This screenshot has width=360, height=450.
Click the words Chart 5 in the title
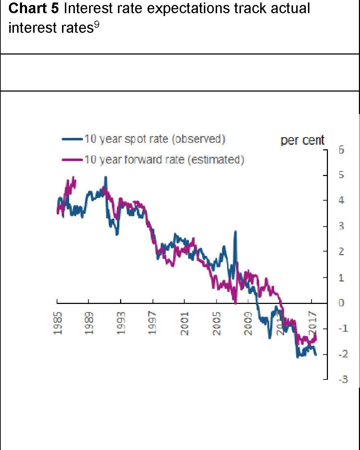coord(33,8)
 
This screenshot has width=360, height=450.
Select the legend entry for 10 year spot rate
coord(155,139)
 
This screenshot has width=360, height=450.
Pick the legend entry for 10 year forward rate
coord(164,160)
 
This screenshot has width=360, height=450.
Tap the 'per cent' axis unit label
coord(302,140)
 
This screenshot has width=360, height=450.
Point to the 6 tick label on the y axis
coord(341,150)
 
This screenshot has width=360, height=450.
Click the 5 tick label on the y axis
coord(341,175)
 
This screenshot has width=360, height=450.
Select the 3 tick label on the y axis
coord(341,226)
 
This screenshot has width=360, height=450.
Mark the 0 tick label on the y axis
coord(341,303)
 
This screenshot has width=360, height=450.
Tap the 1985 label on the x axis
coord(58,323)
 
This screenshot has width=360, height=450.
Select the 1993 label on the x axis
coord(122,323)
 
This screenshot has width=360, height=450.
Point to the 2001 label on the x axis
coord(185,323)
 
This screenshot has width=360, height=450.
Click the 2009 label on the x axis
coord(248,323)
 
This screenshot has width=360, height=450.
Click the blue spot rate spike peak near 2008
coord(236,232)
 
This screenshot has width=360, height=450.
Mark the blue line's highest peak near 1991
coord(106,177)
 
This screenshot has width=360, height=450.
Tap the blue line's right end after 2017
coord(315,354)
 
